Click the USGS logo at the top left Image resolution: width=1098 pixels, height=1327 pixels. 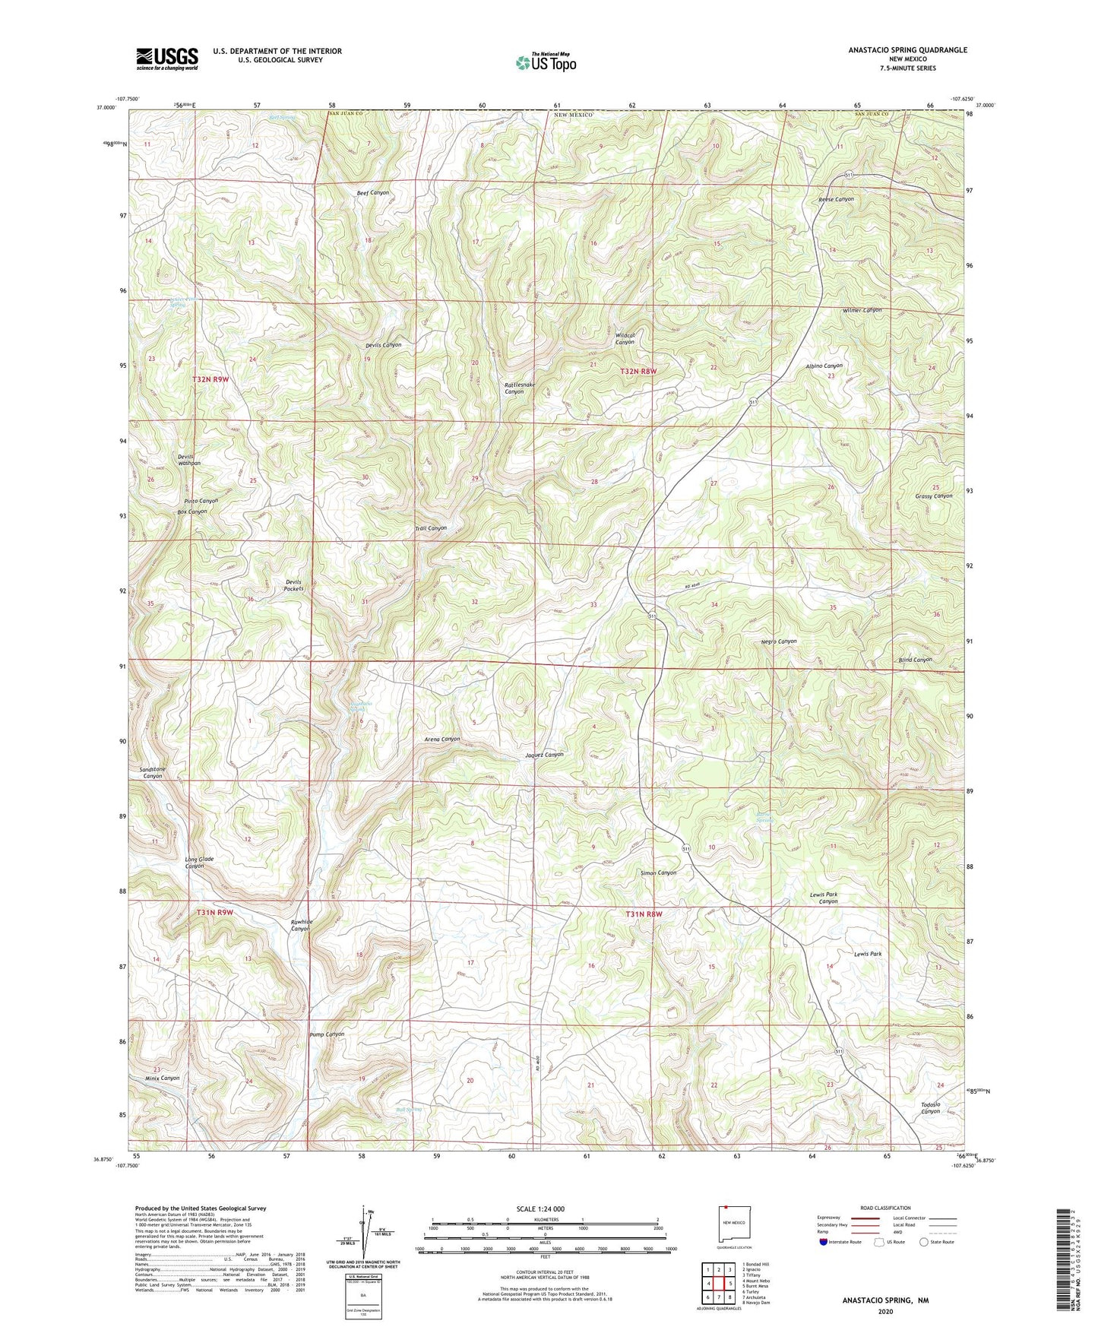pyautogui.click(x=167, y=58)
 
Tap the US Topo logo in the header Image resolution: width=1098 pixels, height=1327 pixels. pyautogui.click(x=546, y=62)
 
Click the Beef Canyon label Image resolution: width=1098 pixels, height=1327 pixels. pyautogui.click(x=372, y=193)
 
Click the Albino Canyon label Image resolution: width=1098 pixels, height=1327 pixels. pyautogui.click(x=824, y=366)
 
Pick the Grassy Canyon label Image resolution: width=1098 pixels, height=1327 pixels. pyautogui.click(x=933, y=496)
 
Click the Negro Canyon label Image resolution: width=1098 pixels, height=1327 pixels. pyautogui.click(x=779, y=641)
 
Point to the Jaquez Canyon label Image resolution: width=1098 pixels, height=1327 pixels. pyautogui.click(x=544, y=755)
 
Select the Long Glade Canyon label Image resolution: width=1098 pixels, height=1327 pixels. pyautogui.click(x=199, y=863)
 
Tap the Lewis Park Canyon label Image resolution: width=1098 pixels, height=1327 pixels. pyautogui.click(x=824, y=898)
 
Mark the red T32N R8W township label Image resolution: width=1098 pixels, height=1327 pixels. pyautogui.click(x=638, y=371)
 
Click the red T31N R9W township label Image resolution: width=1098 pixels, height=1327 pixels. pyautogui.click(x=214, y=912)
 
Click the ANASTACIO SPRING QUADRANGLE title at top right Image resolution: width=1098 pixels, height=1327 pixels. pyautogui.click(x=907, y=50)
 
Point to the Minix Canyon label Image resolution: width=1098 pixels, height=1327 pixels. pyautogui.click(x=162, y=1078)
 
